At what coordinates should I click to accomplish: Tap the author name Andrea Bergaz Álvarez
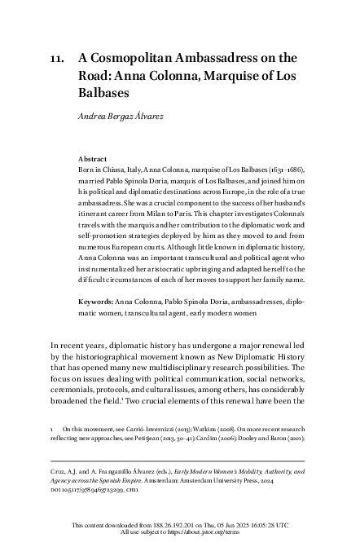130,114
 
